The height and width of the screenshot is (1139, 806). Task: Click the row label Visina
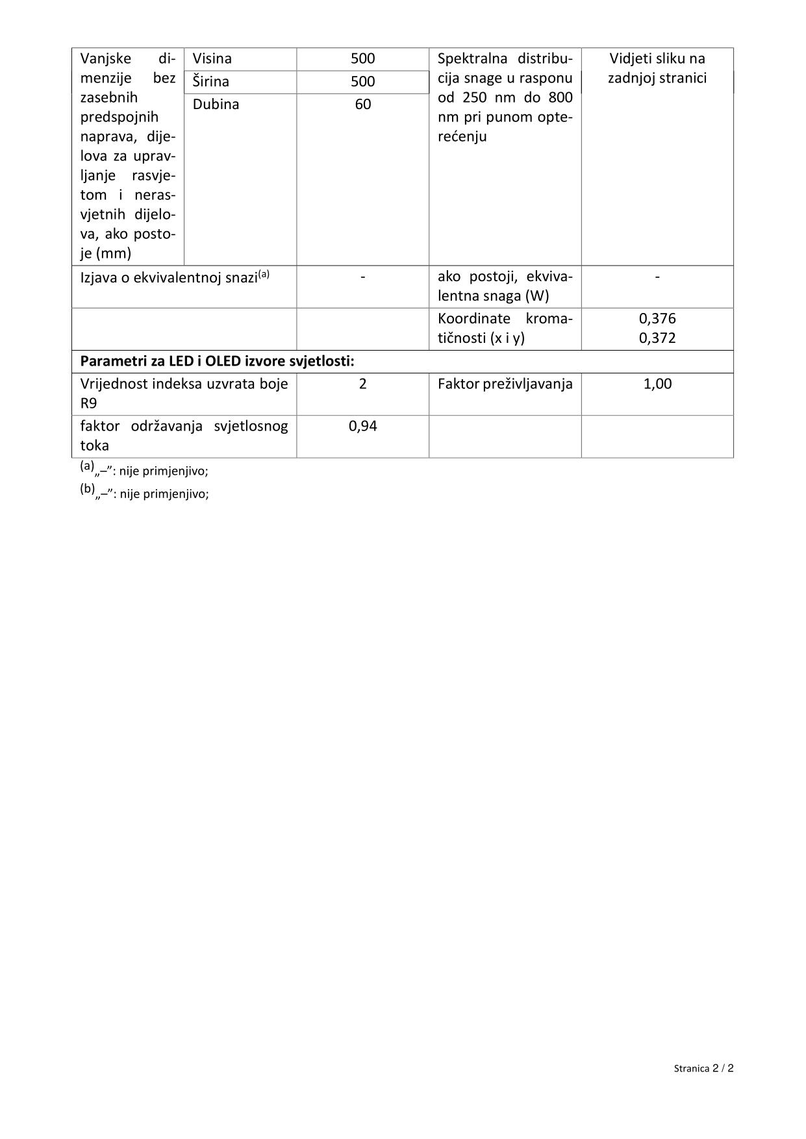point(212,58)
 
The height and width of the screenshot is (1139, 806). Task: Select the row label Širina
point(211,82)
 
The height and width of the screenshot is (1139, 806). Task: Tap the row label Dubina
point(216,105)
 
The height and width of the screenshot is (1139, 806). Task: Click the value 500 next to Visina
point(362,58)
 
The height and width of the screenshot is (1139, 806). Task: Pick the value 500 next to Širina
point(362,82)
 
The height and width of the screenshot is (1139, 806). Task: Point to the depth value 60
point(362,105)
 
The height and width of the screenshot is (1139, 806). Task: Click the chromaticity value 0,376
point(657,319)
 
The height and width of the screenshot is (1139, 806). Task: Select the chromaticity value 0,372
point(657,338)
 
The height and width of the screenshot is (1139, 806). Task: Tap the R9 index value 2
point(362,384)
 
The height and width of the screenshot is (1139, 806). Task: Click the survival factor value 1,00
point(657,384)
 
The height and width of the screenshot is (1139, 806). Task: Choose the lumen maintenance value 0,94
point(362,427)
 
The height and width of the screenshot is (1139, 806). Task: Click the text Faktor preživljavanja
point(505,384)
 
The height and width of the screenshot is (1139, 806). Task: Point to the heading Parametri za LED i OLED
point(217,362)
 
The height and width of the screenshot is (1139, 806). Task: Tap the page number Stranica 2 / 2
point(703,1068)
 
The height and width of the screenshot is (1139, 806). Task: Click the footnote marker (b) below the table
point(88,490)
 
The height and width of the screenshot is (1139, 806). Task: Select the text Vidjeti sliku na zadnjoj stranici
point(657,68)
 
